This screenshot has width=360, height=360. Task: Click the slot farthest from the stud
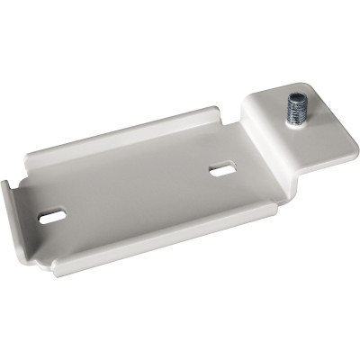[x=54, y=216]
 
